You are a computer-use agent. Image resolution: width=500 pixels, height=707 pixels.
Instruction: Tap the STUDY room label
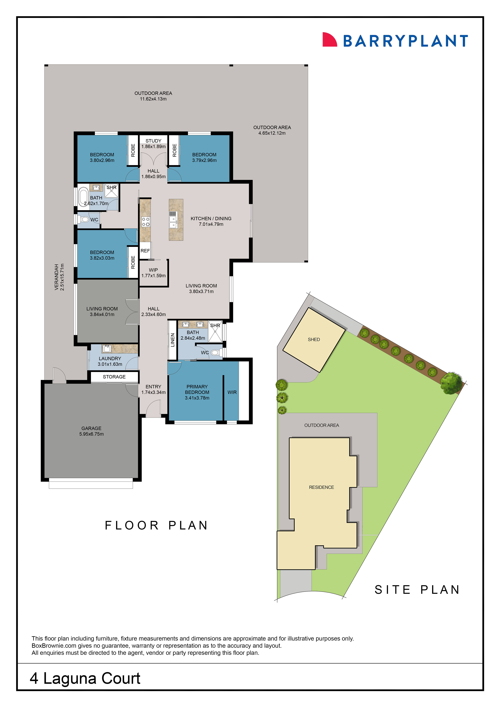point(153,141)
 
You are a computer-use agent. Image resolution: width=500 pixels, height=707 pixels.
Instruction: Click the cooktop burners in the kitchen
point(145,222)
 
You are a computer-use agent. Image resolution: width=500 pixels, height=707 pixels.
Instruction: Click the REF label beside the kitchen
point(145,251)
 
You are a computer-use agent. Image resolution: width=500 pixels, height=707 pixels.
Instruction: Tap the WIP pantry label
point(153,270)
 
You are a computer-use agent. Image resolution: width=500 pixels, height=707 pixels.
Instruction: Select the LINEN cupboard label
point(173,340)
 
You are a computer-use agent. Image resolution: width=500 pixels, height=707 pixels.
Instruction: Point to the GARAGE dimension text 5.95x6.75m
point(91,434)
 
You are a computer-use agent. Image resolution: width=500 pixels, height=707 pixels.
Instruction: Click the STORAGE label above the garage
point(114,377)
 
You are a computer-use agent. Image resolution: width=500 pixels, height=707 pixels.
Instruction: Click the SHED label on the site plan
point(314,339)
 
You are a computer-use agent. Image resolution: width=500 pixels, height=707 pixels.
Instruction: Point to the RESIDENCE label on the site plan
point(321,487)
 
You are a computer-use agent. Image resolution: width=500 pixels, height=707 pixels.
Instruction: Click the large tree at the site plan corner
point(451,383)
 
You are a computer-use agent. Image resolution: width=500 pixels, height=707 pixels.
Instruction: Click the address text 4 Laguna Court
point(85,678)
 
